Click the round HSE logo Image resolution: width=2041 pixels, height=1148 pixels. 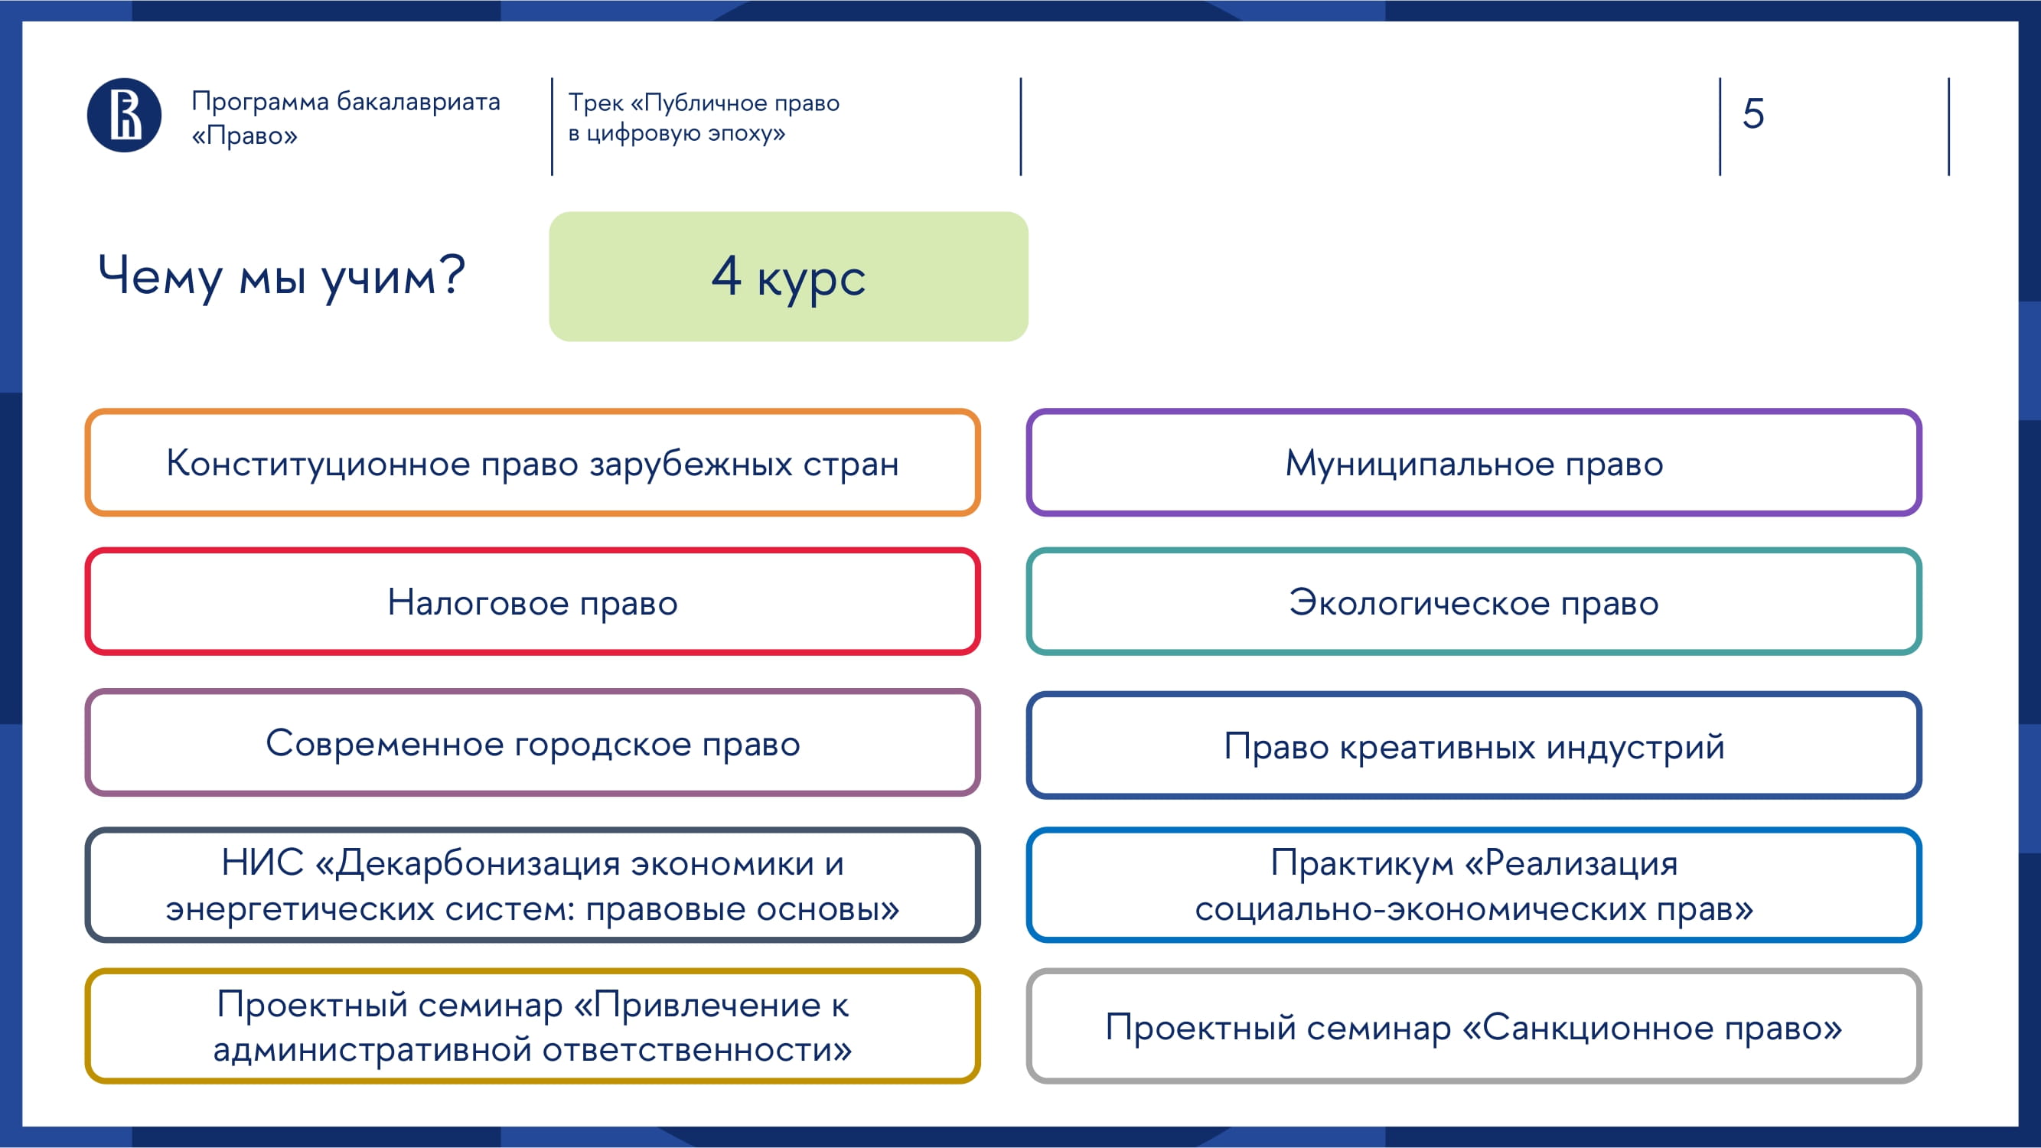pos(124,115)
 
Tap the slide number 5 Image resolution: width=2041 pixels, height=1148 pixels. pos(1752,113)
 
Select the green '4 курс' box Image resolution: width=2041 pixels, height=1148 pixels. pos(788,276)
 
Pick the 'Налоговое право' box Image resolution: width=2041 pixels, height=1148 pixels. pos(533,602)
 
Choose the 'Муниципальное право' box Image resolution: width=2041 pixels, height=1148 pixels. pos(1474,463)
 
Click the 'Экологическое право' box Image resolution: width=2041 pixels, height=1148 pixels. pos(1474,602)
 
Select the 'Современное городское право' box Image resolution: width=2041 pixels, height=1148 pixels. pos(533,742)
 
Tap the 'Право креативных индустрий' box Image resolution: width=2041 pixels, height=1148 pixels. pos(1474,745)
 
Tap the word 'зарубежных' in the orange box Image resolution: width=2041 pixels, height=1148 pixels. pos(691,464)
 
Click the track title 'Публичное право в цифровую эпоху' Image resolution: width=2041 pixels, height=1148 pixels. pos(703,117)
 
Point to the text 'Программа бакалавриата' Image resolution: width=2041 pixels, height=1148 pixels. pos(346,102)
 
